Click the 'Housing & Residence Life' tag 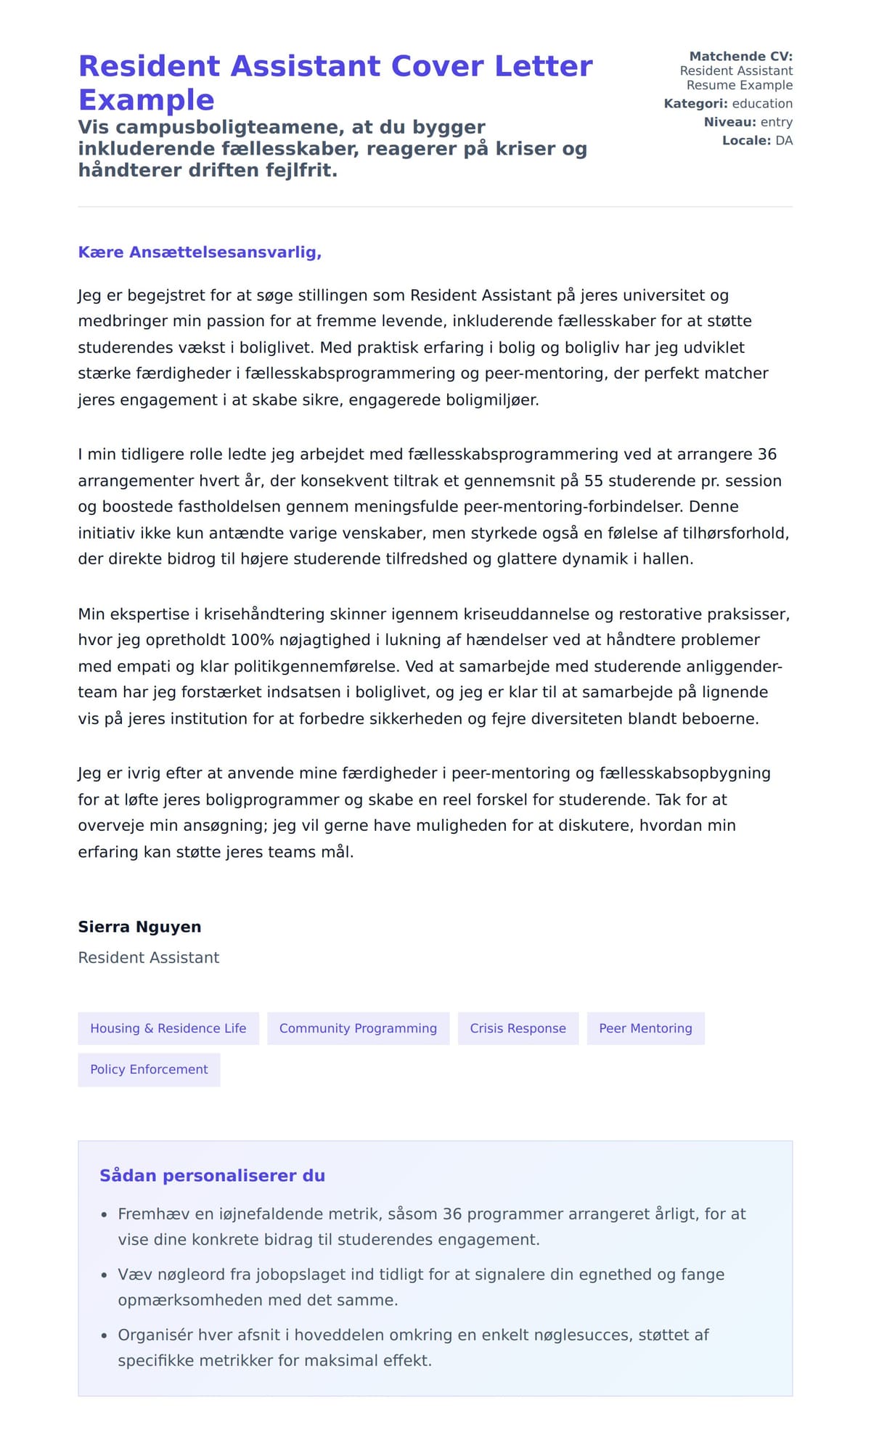tap(168, 1028)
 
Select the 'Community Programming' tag tap(358, 1028)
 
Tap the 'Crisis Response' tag tap(518, 1028)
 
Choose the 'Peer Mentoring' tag tap(645, 1028)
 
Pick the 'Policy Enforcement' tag tap(149, 1070)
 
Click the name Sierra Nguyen tap(139, 927)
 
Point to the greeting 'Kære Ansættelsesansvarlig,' tap(200, 252)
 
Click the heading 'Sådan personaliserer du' tap(212, 1176)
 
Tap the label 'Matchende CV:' tap(740, 56)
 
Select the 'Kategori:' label tap(695, 104)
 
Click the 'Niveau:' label tap(729, 122)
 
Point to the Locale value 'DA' tap(784, 141)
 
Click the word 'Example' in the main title tap(146, 99)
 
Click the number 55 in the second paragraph tap(594, 481)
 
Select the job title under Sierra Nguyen tap(148, 958)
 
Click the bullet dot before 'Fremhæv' tap(104, 1215)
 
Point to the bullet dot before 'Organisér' tap(104, 1336)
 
